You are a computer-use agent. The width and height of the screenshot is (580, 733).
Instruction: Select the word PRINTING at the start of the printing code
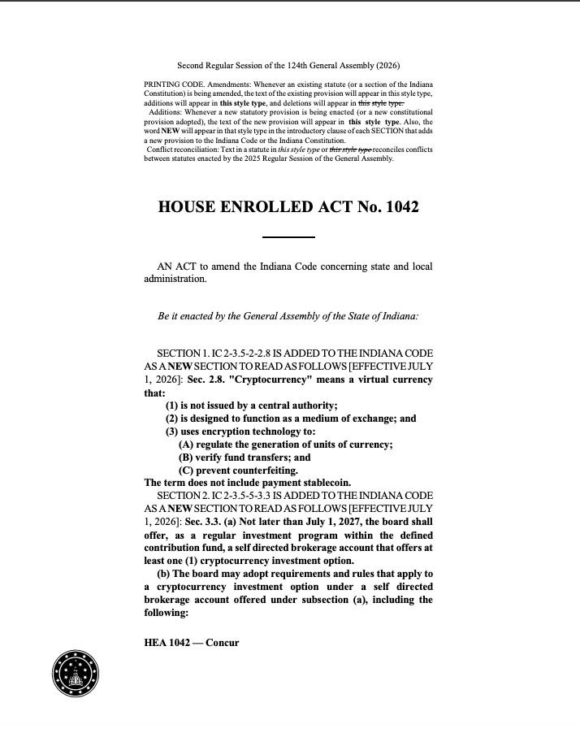pos(162,85)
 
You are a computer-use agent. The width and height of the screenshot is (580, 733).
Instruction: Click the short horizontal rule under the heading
pos(288,237)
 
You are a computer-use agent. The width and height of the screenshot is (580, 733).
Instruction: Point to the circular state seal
pos(76,673)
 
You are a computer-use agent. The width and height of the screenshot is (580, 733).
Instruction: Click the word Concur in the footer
pos(222,642)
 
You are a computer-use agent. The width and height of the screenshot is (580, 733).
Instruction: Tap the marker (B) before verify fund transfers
pos(186,457)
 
